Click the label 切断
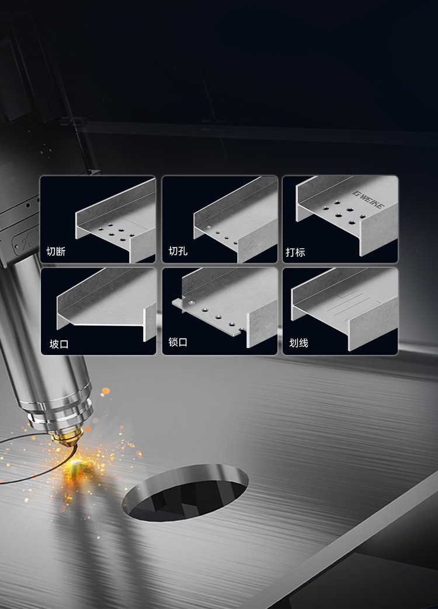click(56, 252)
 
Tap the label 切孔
click(178, 251)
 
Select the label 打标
click(296, 252)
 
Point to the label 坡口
click(59, 344)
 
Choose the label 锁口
click(178, 342)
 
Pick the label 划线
click(298, 343)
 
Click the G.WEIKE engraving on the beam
click(368, 199)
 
